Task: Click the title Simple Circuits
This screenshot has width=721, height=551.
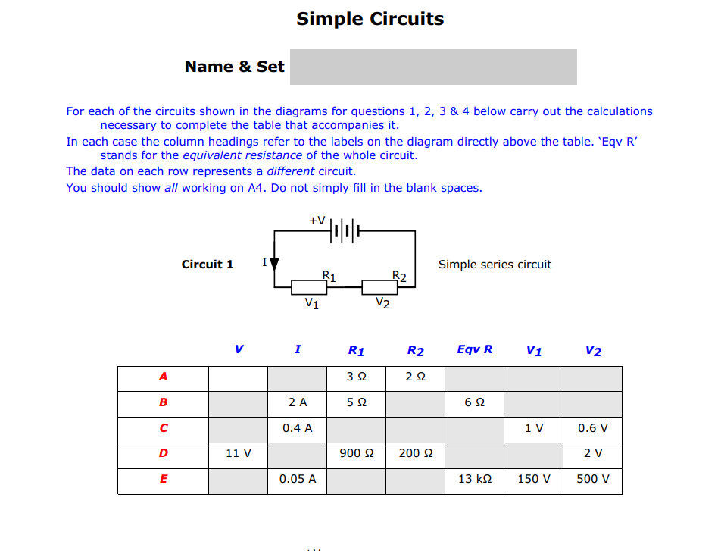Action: (x=370, y=19)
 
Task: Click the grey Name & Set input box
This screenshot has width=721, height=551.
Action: (x=433, y=67)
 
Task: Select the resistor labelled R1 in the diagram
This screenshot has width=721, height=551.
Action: (x=310, y=287)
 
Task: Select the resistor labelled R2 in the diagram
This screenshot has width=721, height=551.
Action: (x=379, y=287)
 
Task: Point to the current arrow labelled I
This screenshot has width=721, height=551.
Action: (x=274, y=264)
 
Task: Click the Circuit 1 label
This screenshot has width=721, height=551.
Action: (x=208, y=265)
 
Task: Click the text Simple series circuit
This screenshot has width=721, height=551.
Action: (x=495, y=265)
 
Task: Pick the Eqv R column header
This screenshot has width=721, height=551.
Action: (x=475, y=349)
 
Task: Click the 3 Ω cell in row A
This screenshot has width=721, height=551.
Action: (x=356, y=377)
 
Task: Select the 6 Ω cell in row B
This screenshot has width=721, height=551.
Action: (x=475, y=403)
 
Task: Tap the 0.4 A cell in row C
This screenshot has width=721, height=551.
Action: (x=297, y=428)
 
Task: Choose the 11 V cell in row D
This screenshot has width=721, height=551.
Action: (x=239, y=454)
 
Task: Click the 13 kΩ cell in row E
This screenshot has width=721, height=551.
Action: (x=475, y=479)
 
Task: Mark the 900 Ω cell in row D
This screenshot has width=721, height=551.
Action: (x=356, y=454)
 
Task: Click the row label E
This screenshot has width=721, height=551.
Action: (x=164, y=479)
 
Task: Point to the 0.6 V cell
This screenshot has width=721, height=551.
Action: (x=592, y=428)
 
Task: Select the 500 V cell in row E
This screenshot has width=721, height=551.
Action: (x=592, y=479)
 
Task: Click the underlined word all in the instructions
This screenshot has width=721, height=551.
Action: (x=171, y=188)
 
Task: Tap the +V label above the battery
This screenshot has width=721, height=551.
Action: (x=317, y=221)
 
